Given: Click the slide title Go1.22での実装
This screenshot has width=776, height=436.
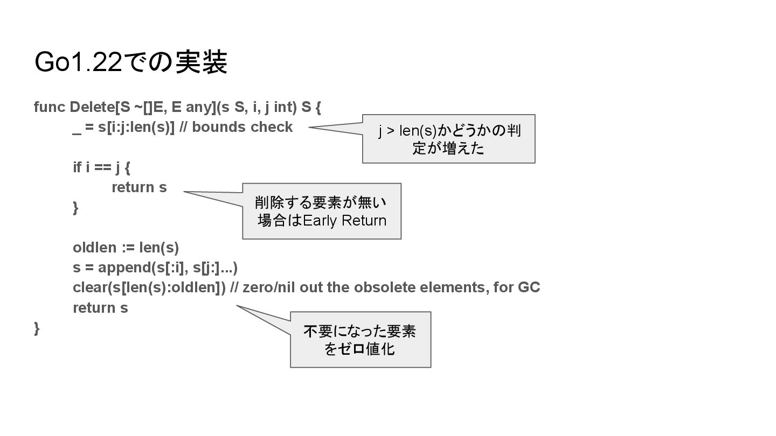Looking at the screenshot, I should pos(130,62).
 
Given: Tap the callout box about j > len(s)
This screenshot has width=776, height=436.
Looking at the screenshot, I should pos(448,138).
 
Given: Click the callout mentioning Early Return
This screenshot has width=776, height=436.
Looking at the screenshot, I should pos(322,211).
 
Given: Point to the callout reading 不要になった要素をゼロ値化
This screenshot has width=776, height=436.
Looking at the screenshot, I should pos(360,340).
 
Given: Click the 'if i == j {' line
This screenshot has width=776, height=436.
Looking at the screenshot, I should pos(101,167).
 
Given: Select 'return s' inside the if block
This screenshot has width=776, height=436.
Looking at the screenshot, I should pos(139,187).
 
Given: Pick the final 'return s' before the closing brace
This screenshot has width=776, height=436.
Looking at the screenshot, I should pos(100,308).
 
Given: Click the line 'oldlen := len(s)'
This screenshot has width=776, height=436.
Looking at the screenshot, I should pos(126,248).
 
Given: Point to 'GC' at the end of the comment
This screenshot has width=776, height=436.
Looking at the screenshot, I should pos(529,287).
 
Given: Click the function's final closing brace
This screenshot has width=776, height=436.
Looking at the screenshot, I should pos(37,328).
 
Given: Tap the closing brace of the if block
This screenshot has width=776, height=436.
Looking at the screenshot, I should pos(75,208).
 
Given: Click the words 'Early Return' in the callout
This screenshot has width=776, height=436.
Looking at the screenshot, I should pos(345,221).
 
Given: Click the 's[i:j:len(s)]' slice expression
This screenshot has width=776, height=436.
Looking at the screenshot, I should pos(136,127).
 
